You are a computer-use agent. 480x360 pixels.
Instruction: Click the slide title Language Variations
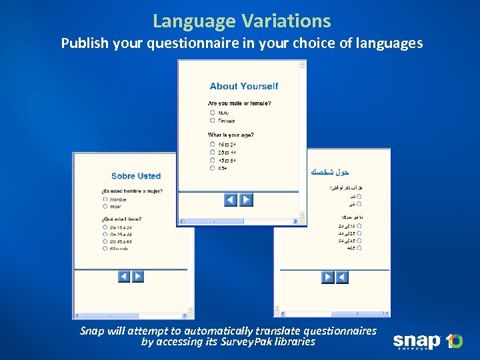tap(241, 21)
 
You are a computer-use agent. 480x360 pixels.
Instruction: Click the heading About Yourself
tap(244, 86)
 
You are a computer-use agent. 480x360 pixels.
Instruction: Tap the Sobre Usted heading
tap(136, 176)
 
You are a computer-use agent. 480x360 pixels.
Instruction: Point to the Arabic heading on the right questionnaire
tap(330, 172)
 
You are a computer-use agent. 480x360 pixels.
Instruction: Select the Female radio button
tap(212, 121)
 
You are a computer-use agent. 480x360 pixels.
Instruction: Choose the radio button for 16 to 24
tap(212, 144)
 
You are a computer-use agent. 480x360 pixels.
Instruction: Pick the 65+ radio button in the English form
tap(212, 168)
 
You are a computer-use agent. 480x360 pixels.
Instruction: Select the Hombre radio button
tap(105, 199)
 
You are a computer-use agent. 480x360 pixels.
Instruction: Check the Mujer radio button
tap(105, 207)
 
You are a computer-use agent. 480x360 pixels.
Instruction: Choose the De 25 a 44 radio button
tap(105, 234)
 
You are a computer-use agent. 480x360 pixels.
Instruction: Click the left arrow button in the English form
tap(231, 199)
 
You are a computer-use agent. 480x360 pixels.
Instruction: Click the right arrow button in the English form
tap(246, 199)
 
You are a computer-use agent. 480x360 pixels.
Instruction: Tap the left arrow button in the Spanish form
tap(124, 276)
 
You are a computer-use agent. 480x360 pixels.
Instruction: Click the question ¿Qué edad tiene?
tap(121, 219)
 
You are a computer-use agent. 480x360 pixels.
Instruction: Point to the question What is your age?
tap(231, 135)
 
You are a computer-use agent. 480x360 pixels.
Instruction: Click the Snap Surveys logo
tap(427, 341)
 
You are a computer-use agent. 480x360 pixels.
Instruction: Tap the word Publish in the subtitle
tap(83, 43)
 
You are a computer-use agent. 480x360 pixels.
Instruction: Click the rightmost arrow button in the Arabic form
tap(342, 277)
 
